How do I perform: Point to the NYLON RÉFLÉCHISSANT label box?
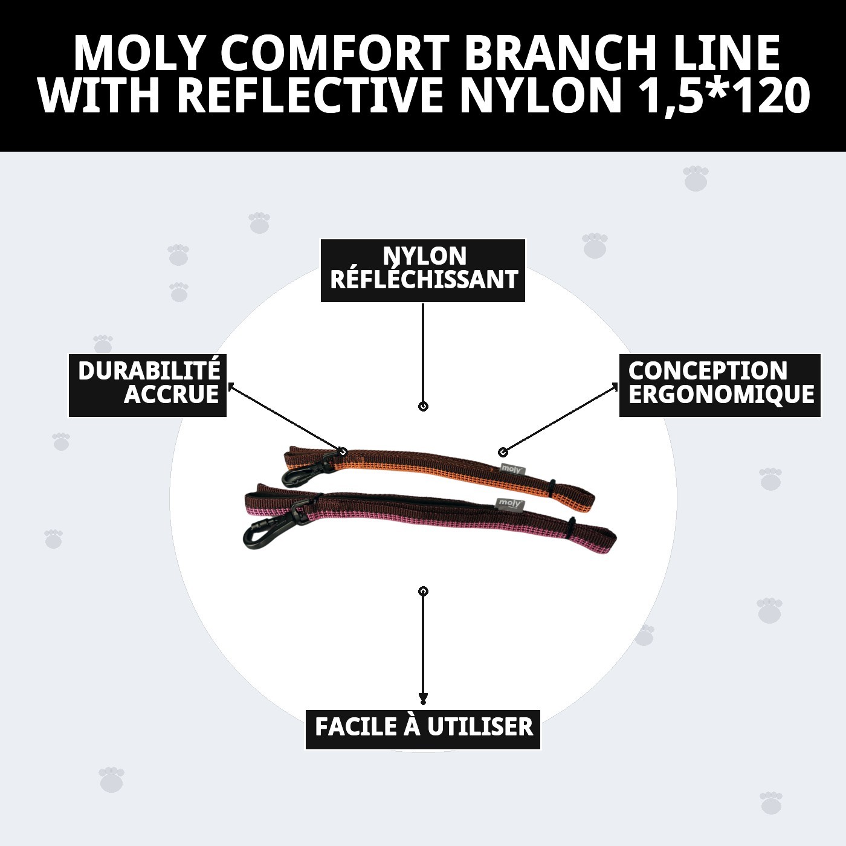pyautogui.click(x=423, y=270)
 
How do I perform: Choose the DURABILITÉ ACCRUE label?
pyautogui.click(x=147, y=385)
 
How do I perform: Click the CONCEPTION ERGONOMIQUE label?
pyautogui.click(x=720, y=385)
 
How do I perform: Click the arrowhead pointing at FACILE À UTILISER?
pyautogui.click(x=423, y=699)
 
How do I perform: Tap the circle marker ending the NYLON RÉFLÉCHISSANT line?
pyautogui.click(x=423, y=407)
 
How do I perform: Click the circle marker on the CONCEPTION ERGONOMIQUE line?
pyautogui.click(x=502, y=452)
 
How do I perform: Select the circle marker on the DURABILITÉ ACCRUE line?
pyautogui.click(x=343, y=451)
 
